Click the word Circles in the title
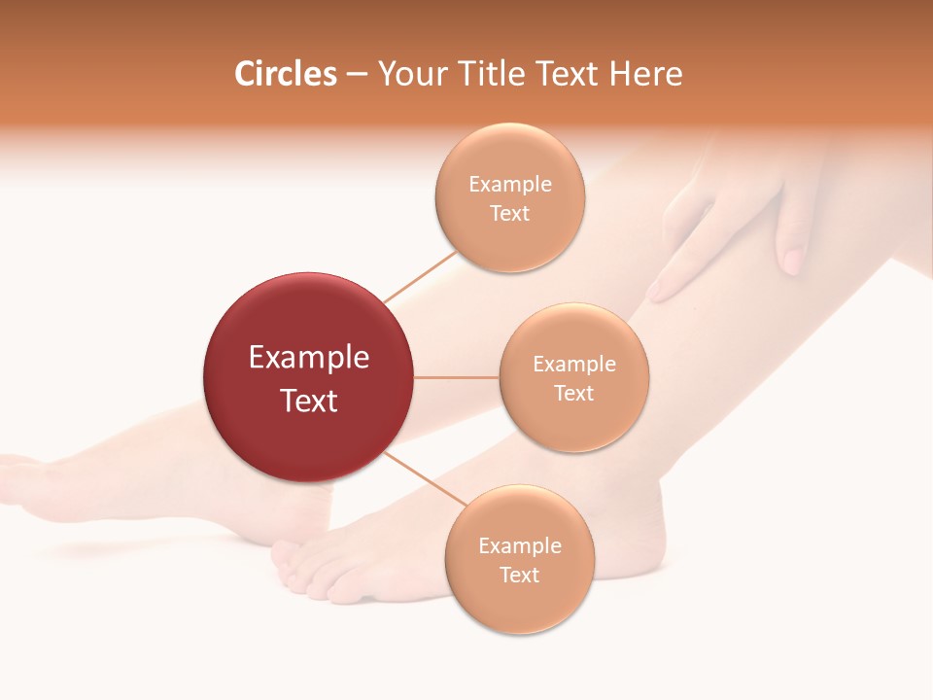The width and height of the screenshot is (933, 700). [x=286, y=74]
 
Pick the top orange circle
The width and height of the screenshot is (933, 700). [x=509, y=198]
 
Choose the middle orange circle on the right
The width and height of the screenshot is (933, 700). [x=574, y=377]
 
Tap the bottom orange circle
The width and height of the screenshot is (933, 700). [x=520, y=560]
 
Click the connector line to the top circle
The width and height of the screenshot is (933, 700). [x=420, y=277]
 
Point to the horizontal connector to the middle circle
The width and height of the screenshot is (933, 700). [x=457, y=377]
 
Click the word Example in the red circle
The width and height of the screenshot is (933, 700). [x=309, y=357]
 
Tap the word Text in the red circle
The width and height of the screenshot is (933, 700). [x=309, y=400]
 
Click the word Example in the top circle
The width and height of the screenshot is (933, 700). [x=509, y=185]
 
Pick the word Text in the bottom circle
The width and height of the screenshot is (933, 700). [x=520, y=575]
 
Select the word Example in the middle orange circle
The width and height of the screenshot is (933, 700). [x=574, y=364]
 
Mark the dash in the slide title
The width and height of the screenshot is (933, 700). [x=357, y=75]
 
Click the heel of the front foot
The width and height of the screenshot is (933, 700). [x=641, y=544]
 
